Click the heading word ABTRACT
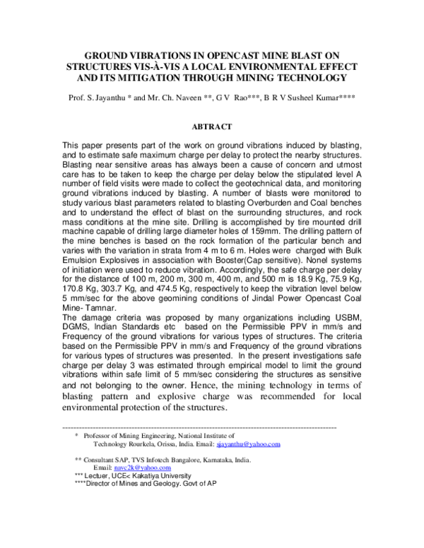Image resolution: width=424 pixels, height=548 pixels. point(212,126)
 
